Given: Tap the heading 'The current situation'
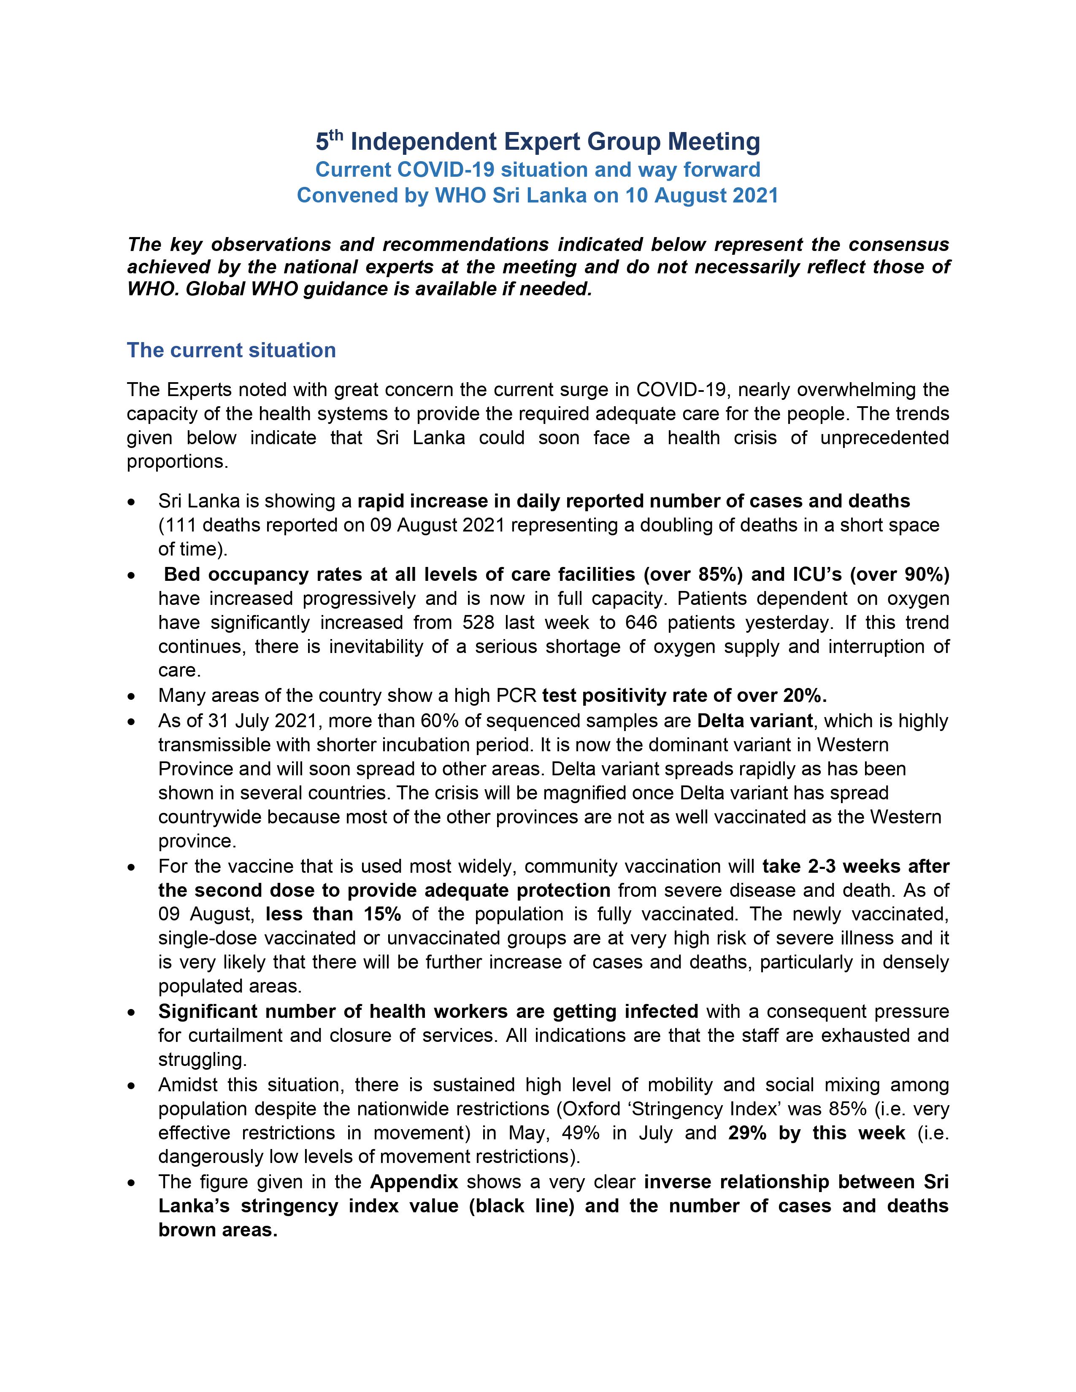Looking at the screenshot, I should [x=231, y=350].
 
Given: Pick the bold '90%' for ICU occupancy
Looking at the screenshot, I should [x=922, y=575].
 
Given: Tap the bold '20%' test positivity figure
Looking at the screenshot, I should [x=806, y=695].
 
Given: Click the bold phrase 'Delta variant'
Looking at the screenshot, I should [x=755, y=721].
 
